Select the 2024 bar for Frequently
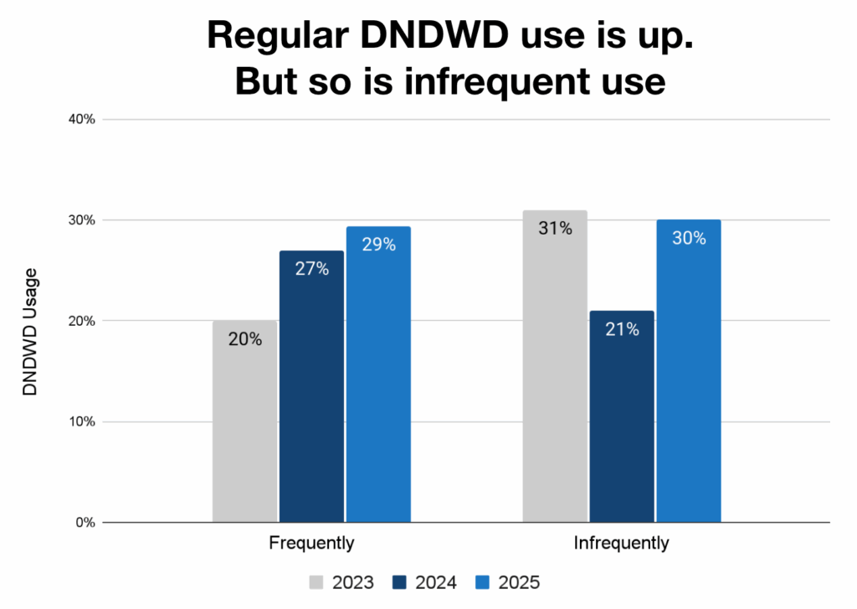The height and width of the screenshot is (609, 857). (311, 386)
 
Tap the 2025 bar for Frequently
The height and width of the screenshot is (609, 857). (378, 374)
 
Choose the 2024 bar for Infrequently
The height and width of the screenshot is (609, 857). (622, 416)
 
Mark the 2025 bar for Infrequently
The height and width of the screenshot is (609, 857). (688, 371)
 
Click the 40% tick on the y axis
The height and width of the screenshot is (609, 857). (82, 119)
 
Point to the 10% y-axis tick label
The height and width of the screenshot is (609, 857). (82, 421)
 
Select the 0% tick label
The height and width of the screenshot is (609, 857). (85, 523)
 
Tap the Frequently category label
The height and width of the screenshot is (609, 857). (311, 543)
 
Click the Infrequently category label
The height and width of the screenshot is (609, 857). (621, 543)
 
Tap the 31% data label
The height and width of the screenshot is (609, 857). (555, 228)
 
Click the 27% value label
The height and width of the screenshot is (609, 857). (311, 269)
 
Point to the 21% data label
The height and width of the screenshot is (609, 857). (622, 329)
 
